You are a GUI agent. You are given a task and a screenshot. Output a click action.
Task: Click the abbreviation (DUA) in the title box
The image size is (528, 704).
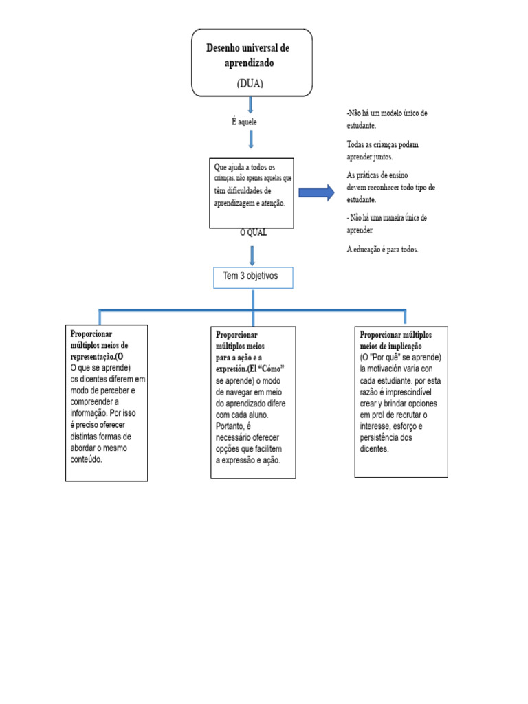pyautogui.click(x=250, y=83)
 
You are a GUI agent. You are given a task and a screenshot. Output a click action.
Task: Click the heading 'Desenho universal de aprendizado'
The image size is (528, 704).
pyautogui.click(x=248, y=55)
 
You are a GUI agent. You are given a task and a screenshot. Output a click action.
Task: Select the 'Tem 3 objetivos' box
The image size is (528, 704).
pyautogui.click(x=253, y=278)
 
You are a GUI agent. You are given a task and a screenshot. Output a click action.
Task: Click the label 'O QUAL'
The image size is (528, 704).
pyautogui.click(x=253, y=233)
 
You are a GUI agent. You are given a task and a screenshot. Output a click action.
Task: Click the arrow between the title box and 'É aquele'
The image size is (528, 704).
pyautogui.click(x=250, y=104)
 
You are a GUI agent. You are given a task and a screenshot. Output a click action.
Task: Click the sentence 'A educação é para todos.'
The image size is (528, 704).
pyautogui.click(x=382, y=250)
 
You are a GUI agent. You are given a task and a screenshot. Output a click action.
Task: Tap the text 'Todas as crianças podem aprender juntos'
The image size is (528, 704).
pyautogui.click(x=382, y=151)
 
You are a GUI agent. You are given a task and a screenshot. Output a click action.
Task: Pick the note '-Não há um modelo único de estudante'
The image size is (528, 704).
pyautogui.click(x=387, y=120)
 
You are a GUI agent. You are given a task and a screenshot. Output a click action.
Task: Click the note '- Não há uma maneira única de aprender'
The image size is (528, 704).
pyautogui.click(x=386, y=223)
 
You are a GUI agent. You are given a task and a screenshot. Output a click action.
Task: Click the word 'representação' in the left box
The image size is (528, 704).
pyautogui.click(x=91, y=357)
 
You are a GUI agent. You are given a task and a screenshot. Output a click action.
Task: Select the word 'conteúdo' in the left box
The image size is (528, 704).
pyautogui.click(x=86, y=460)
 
